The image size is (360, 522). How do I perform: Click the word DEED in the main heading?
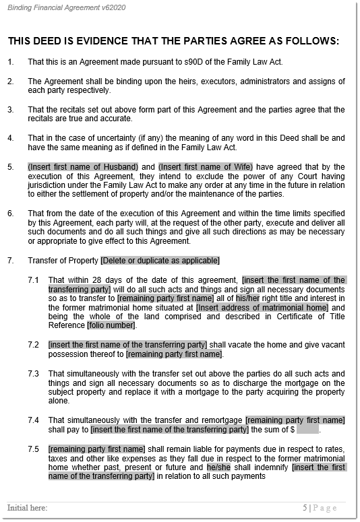[x=47, y=41]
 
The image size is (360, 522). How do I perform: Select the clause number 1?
[x=11, y=62]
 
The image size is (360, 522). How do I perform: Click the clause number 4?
[x=11, y=138]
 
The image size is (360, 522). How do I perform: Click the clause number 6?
[x=11, y=213]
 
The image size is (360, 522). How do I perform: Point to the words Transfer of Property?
[x=63, y=260]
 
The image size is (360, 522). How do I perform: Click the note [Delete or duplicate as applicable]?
[x=160, y=260]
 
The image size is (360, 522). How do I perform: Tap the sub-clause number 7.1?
[x=34, y=279]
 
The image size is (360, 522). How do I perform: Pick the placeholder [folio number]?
[x=111, y=326]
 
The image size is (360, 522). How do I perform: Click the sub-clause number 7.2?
[x=34, y=344]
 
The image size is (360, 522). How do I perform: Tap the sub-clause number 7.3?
[x=34, y=372]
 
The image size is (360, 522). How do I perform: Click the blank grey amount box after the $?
[x=307, y=429]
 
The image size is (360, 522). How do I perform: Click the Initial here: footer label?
[x=27, y=507]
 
